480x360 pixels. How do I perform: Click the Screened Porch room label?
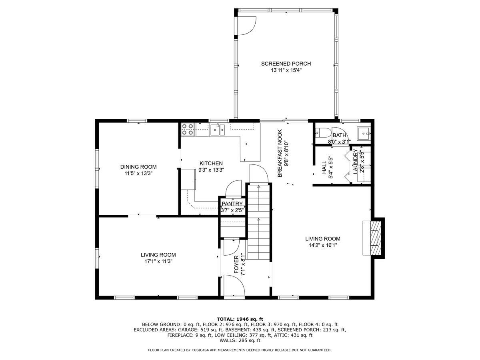(286, 64)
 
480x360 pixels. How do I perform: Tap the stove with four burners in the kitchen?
(188, 129)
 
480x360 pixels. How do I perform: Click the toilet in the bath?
(323, 132)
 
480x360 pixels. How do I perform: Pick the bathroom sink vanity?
(364, 132)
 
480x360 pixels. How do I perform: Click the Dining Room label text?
(138, 167)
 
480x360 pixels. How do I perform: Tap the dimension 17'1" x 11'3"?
(158, 261)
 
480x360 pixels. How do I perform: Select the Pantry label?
(232, 204)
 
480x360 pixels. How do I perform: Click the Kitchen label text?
(211, 163)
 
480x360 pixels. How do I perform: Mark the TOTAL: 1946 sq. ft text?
(240, 319)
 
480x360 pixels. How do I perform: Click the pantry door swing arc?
(233, 188)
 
